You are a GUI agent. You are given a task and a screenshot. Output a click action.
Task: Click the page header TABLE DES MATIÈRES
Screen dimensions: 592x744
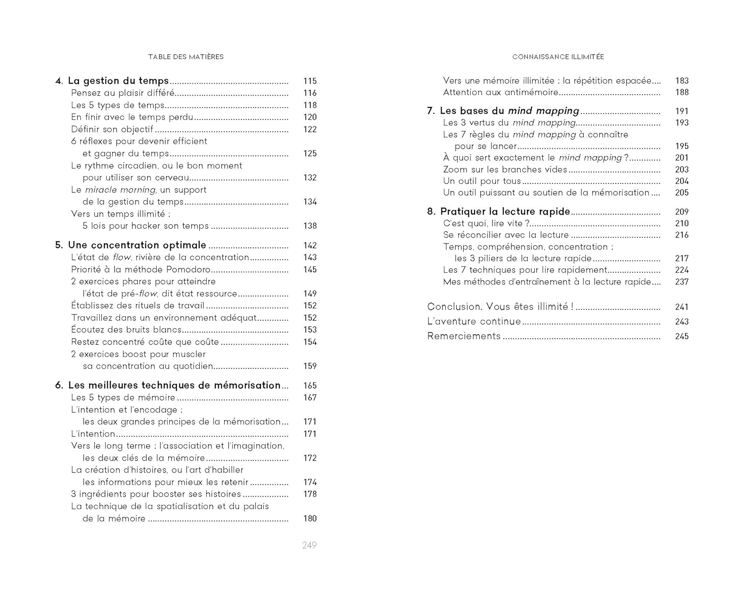point(186,57)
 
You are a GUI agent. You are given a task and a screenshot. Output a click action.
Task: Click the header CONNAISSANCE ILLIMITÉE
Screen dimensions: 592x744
point(558,57)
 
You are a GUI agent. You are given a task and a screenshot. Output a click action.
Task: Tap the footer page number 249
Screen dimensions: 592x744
point(310,545)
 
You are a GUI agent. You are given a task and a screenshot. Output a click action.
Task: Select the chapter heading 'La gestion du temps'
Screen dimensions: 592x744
point(118,81)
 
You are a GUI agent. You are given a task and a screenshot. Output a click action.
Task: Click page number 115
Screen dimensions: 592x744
point(310,81)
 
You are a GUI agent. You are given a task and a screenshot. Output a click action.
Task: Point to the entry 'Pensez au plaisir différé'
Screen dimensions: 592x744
point(123,93)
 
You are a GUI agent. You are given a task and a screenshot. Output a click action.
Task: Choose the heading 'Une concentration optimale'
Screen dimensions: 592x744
point(137,245)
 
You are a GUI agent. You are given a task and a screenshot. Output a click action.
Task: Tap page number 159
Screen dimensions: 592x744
point(310,366)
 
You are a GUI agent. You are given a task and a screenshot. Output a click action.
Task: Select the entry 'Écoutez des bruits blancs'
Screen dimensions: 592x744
point(126,330)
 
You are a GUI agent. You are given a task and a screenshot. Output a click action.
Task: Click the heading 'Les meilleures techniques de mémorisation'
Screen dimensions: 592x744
point(174,385)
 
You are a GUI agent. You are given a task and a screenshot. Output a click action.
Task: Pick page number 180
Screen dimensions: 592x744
point(310,519)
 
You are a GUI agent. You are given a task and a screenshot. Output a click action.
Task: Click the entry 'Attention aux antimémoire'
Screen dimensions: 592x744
point(500,92)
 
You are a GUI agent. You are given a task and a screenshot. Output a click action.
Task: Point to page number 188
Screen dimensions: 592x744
point(682,92)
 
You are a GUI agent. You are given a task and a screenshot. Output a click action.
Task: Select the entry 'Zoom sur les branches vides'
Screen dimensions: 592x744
point(505,170)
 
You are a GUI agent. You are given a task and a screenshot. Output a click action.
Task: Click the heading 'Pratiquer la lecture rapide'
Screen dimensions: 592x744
point(505,212)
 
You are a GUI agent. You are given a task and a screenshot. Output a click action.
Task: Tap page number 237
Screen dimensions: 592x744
point(682,282)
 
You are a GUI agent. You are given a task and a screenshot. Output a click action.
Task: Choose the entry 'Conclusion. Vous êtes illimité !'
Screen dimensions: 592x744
point(500,307)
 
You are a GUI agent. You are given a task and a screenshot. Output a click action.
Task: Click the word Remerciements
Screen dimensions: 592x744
point(464,336)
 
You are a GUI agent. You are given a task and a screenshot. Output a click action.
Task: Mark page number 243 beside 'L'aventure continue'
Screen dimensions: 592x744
point(682,322)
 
